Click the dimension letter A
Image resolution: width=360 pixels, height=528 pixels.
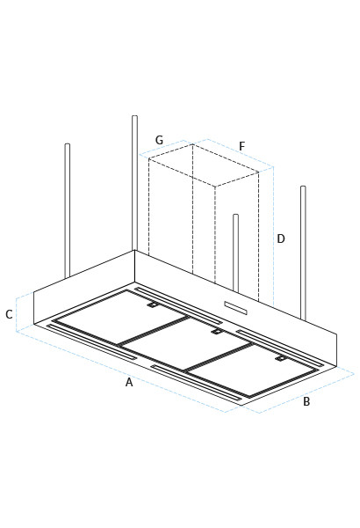(x=129, y=382)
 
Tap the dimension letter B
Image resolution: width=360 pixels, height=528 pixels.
(x=306, y=401)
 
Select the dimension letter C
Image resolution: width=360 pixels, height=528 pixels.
(x=9, y=314)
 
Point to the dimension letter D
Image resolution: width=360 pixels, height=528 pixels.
(x=281, y=238)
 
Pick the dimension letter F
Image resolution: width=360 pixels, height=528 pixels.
(x=241, y=146)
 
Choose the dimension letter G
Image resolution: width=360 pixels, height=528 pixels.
(x=159, y=140)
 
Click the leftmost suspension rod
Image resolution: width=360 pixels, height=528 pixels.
(x=67, y=211)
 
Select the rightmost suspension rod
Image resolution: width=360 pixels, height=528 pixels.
(x=303, y=251)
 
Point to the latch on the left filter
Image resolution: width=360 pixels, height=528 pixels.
(x=152, y=305)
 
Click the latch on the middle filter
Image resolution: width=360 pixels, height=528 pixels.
(x=216, y=332)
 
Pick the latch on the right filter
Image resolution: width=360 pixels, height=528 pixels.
(x=281, y=359)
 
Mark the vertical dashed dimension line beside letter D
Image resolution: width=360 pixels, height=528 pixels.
(x=273, y=238)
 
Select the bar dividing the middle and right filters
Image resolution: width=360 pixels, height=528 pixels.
(x=220, y=357)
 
